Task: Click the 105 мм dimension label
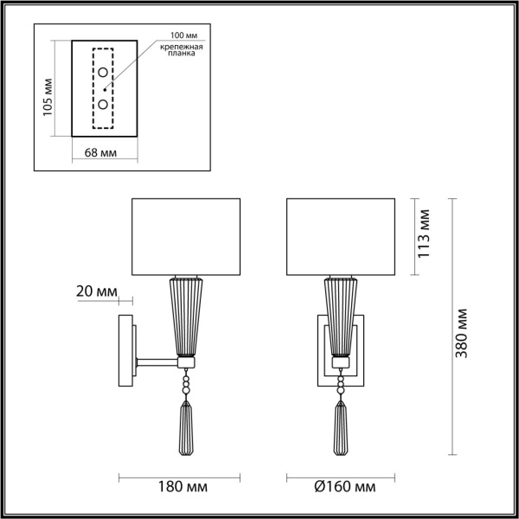tap(48, 99)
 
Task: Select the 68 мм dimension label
tap(102, 153)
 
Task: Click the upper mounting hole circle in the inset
tap(103, 72)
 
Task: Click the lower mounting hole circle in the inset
tap(103, 104)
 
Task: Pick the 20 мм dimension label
tap(96, 292)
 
